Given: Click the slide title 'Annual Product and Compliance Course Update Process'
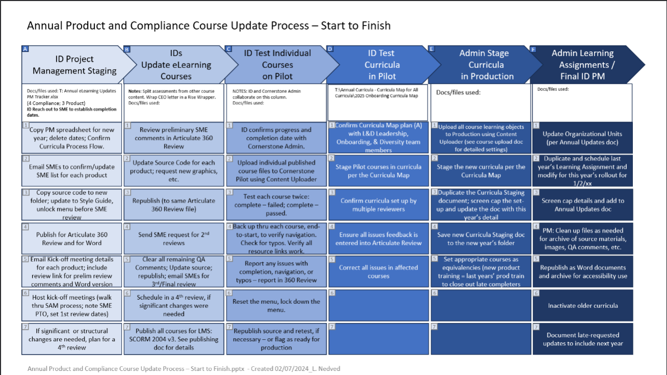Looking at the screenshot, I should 208,25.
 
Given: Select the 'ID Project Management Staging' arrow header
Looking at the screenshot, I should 74,65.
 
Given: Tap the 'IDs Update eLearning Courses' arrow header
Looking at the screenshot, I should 176,65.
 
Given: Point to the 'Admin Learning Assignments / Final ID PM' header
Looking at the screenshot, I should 583,65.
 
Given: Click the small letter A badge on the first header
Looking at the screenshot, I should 25,49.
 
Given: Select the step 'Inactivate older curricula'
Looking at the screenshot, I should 583,306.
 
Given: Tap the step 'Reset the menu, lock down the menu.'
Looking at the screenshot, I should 276,306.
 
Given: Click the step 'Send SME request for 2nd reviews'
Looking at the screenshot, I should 173,239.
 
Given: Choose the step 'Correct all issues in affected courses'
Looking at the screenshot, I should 379,272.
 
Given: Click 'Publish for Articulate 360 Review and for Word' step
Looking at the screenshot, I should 72,239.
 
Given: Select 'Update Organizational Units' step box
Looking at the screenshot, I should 582,137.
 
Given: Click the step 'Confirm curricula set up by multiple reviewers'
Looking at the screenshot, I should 379,205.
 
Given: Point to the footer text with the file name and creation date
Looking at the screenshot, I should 183,368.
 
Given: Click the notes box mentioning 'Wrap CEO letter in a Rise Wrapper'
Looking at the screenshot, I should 173,102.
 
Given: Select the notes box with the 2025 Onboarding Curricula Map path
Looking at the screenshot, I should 377,102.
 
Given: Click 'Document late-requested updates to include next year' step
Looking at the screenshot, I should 583,339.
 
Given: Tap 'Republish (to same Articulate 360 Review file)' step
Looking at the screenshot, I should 173,205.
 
